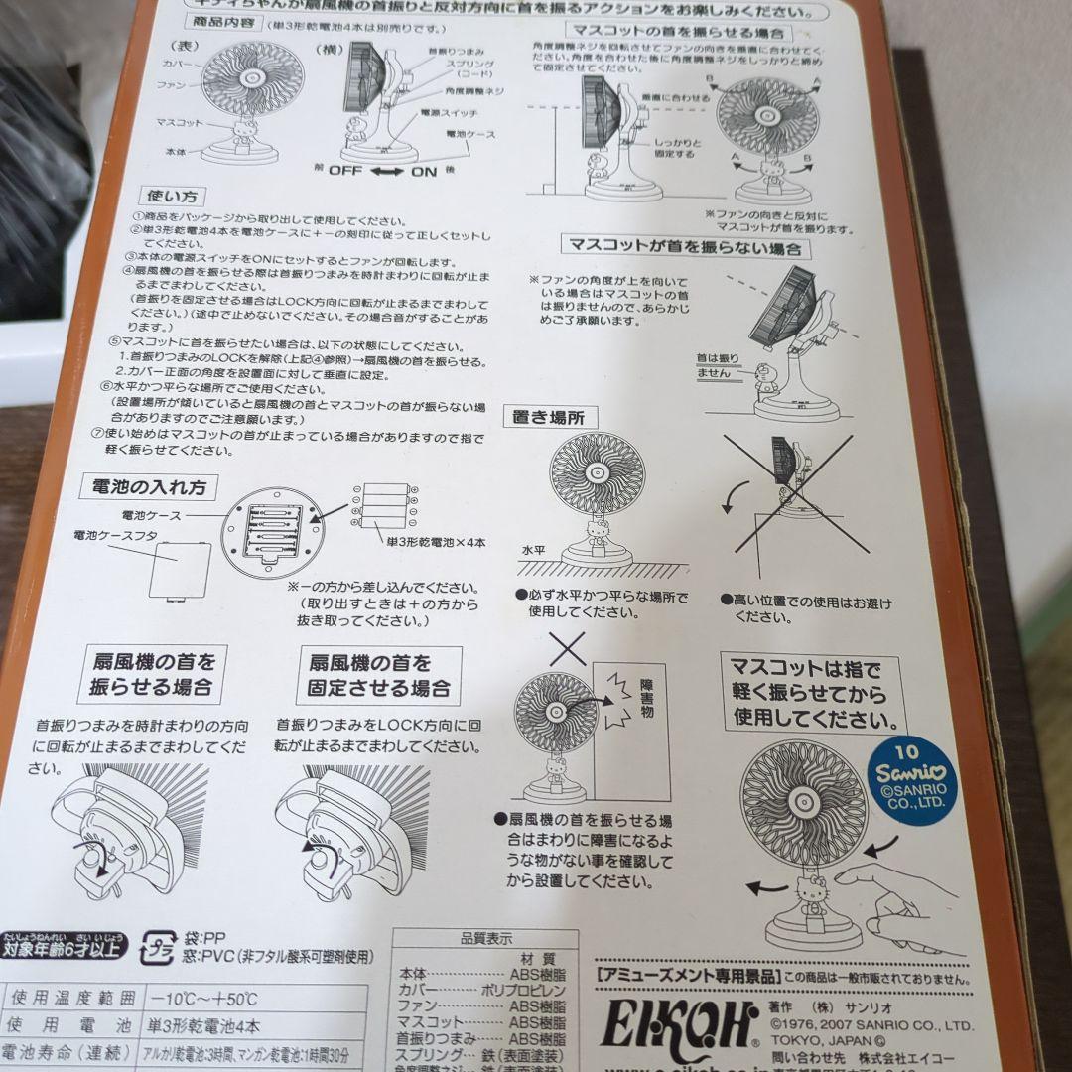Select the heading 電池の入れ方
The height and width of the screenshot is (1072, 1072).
pos(150,487)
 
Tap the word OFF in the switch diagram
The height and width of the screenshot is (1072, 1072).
pos(347,170)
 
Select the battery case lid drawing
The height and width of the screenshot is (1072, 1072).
pos(180,570)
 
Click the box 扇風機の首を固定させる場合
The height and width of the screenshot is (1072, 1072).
pos(379,675)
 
